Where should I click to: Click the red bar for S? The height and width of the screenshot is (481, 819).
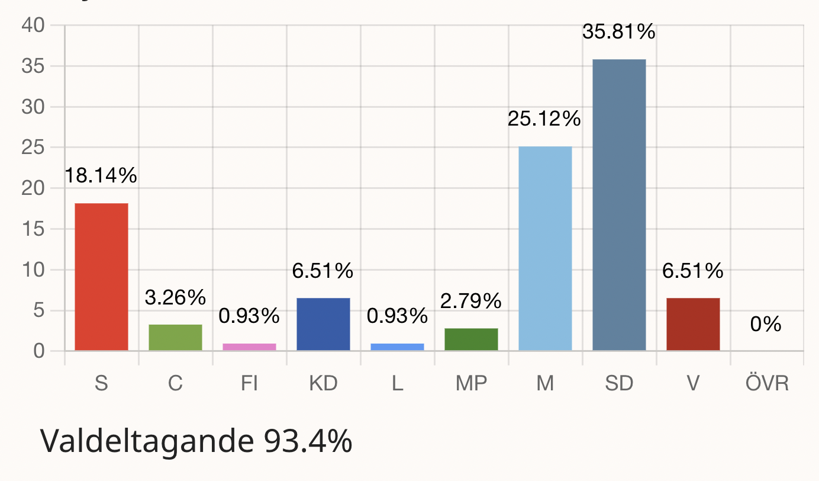(x=101, y=277)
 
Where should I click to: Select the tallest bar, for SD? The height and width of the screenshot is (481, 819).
(x=619, y=205)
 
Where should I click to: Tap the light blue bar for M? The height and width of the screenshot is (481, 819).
(x=545, y=248)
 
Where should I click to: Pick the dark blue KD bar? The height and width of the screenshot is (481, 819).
(x=323, y=324)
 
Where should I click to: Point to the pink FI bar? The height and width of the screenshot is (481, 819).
(x=249, y=347)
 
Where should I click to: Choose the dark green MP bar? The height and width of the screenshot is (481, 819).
(x=471, y=339)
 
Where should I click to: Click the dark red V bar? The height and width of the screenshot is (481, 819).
(x=693, y=324)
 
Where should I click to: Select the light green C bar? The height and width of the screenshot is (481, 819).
(x=175, y=337)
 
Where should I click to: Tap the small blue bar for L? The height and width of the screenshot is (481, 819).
(x=397, y=347)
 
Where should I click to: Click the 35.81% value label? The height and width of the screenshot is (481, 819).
(x=619, y=32)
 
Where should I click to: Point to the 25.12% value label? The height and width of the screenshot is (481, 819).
(x=544, y=120)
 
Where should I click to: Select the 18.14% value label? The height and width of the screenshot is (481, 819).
(x=101, y=176)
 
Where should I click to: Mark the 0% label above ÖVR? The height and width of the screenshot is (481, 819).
(x=766, y=325)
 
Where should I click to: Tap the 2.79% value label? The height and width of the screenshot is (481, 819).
(x=471, y=302)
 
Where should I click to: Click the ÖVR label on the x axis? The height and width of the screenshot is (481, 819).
(x=767, y=384)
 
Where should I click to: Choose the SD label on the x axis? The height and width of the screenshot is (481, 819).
(x=619, y=384)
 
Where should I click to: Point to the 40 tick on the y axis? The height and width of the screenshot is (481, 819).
(x=33, y=25)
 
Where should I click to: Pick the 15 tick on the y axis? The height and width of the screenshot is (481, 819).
(x=33, y=229)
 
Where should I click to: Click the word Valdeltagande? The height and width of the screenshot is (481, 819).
(x=141, y=441)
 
